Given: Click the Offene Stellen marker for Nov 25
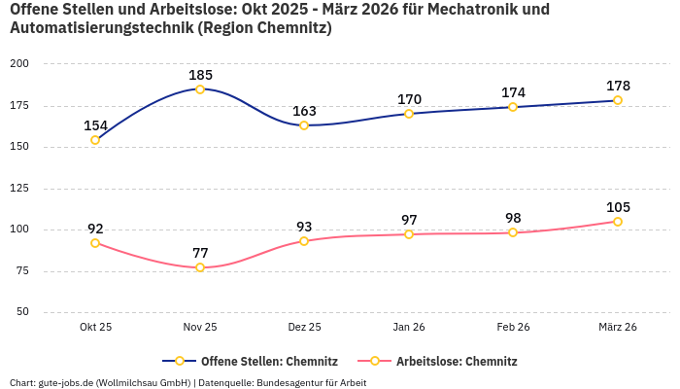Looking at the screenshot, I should (200, 89).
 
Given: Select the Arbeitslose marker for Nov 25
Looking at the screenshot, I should (200, 267).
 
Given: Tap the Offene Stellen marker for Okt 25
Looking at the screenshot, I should (95, 140).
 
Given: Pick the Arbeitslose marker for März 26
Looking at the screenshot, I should (618, 222).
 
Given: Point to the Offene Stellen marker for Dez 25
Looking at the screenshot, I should (304, 125).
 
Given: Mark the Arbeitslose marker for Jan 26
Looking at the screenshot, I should (409, 234).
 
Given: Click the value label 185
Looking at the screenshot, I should (200, 75).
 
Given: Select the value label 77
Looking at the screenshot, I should (200, 253).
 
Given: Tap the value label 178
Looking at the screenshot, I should (618, 86).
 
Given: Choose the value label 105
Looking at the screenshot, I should (618, 207).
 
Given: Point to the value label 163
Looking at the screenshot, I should (304, 111).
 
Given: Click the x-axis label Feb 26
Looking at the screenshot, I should (513, 328).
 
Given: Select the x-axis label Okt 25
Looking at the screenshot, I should (95, 328).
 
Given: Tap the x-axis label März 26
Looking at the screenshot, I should (618, 328).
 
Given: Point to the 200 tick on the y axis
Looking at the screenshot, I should (19, 63).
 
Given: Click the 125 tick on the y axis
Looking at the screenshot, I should (19, 189).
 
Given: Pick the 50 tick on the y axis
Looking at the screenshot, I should (22, 312).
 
